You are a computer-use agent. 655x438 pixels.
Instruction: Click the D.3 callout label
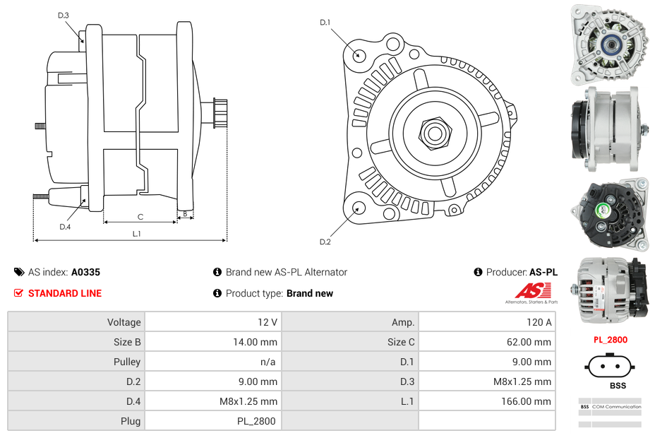tap(64, 15)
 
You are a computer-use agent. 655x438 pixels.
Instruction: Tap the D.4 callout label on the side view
tap(65, 227)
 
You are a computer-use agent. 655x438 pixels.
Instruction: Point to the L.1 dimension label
tap(137, 234)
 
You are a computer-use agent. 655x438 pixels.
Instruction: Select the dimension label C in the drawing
tap(140, 217)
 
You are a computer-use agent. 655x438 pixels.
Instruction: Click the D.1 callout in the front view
tap(325, 23)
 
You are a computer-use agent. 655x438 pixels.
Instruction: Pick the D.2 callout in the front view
tap(325, 242)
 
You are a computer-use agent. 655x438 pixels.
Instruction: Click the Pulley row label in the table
tap(127, 362)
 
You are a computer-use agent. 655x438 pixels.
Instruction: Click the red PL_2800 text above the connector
tap(610, 340)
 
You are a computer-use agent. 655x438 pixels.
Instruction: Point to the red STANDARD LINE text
tap(65, 293)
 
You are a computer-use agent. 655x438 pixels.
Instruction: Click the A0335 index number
tap(85, 272)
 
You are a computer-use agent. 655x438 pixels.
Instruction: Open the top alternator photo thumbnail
tap(610, 42)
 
